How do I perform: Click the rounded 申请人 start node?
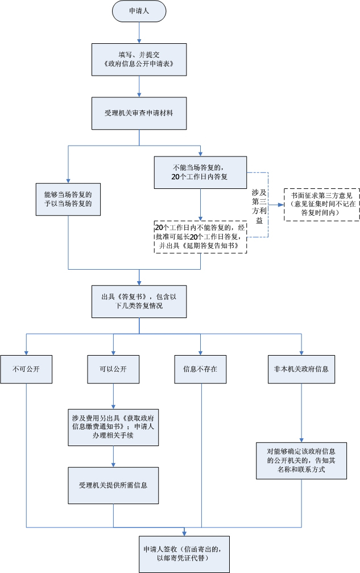[x=139, y=11]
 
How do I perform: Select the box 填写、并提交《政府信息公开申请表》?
[x=139, y=60]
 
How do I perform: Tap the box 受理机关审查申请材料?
[x=139, y=113]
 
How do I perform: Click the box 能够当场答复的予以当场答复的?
[x=68, y=199]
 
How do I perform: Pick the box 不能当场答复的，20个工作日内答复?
[x=200, y=172]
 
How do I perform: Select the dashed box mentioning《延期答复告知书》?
[x=200, y=237]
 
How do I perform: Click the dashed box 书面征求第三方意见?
[x=322, y=205]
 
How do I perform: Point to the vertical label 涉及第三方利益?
[x=259, y=207]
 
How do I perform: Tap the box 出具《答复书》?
[x=139, y=302]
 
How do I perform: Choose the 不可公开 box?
[x=26, y=369]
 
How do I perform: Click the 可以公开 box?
[x=113, y=369]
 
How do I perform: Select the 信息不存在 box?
[x=200, y=369]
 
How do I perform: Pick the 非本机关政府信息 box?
[x=301, y=369]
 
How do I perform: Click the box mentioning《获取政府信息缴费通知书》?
[x=113, y=427]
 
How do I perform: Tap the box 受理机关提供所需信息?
[x=113, y=485]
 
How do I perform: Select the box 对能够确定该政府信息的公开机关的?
[x=301, y=461]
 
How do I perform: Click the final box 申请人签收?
[x=184, y=554]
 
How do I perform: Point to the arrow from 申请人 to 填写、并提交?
[x=139, y=32]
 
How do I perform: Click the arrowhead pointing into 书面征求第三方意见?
[x=281, y=205]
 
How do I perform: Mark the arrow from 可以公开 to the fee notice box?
[x=113, y=396]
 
